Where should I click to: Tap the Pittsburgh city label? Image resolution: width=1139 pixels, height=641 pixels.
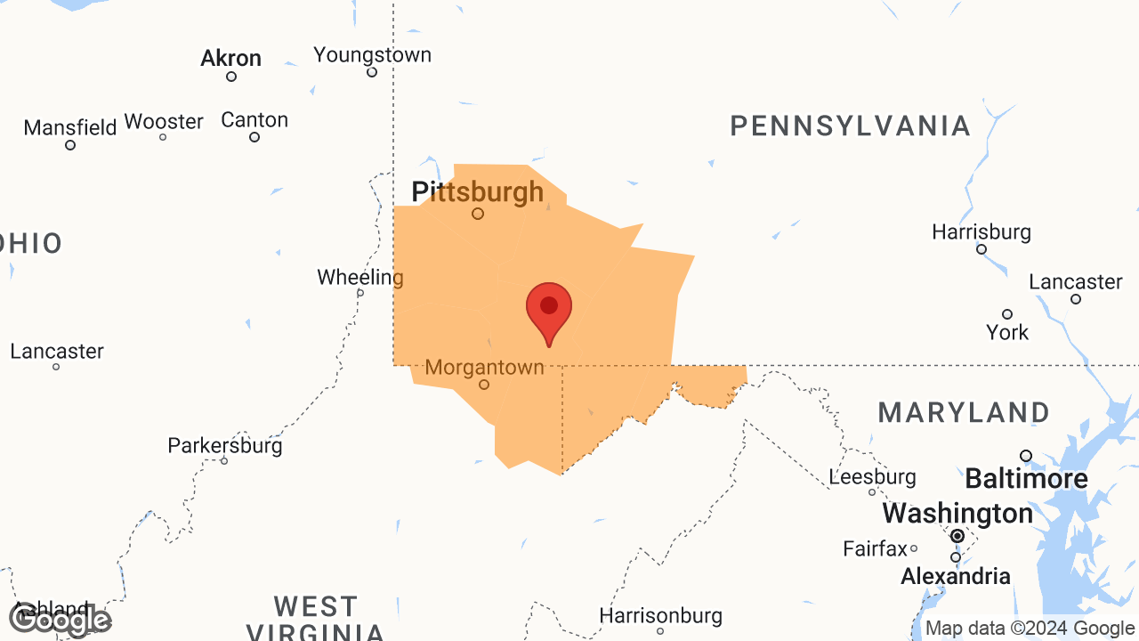477,191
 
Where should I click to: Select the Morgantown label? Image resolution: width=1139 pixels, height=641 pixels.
484,367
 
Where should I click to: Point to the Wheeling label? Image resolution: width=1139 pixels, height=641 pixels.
360,277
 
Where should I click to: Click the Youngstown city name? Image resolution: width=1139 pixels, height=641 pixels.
372,55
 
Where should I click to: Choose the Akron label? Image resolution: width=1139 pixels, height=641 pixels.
230,59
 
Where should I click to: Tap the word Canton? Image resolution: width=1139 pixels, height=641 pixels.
254,119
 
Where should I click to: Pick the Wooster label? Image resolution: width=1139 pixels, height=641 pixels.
164,121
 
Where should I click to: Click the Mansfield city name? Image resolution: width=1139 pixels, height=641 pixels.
70,127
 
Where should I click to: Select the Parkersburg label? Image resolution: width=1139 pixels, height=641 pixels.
225,445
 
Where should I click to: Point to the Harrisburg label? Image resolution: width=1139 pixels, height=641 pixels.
981,232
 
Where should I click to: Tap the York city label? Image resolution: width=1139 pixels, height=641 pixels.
1007,332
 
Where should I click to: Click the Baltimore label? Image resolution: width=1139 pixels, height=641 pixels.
1026,479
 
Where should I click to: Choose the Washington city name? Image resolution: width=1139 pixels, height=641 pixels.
957,514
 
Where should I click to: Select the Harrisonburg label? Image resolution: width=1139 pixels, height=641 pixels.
660,615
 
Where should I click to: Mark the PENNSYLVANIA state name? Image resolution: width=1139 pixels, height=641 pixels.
850,126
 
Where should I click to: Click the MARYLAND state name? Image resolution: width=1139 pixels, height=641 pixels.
964,413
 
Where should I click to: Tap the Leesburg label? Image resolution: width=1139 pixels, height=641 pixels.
872,477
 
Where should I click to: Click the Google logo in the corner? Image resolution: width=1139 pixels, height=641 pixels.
61,620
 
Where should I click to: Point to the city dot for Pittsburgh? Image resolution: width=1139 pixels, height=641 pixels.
478,214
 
